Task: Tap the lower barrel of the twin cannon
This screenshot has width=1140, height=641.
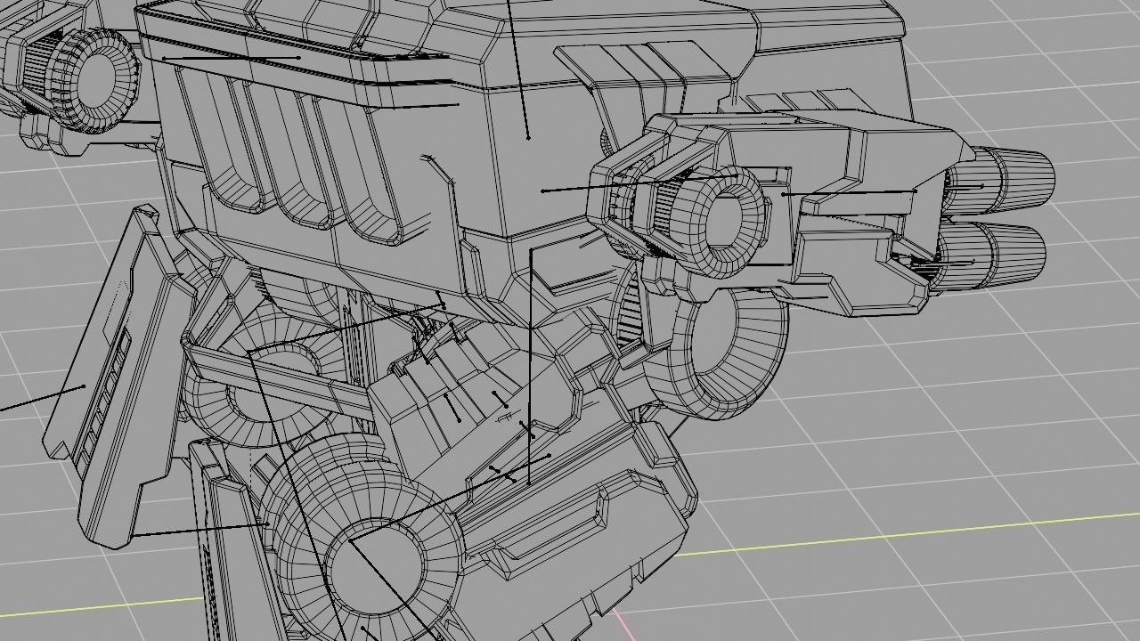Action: (993, 254)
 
